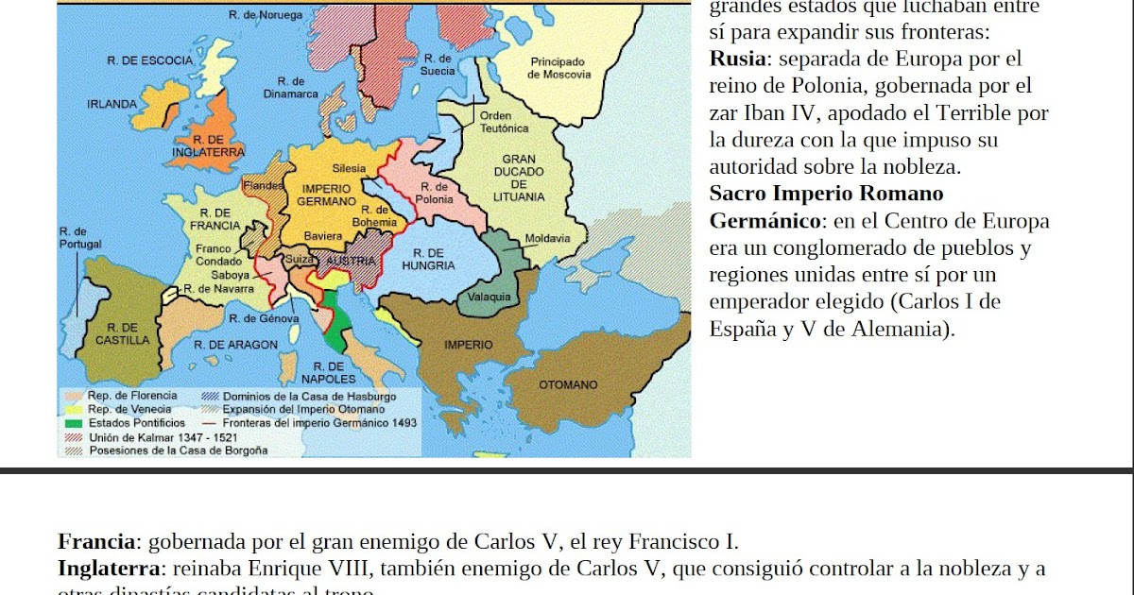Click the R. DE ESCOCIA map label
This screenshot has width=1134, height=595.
tap(149, 60)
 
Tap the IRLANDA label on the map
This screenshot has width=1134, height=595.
tap(112, 104)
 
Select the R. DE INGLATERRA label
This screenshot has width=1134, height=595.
tap(208, 145)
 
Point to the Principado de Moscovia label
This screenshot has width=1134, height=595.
tap(558, 68)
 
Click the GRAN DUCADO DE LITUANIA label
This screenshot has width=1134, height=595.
tap(519, 178)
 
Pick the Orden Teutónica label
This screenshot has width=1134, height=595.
tap(504, 122)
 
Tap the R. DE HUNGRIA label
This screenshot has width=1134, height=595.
tap(428, 259)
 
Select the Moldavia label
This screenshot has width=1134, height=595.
tap(547, 238)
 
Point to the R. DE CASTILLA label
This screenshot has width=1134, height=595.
tap(123, 333)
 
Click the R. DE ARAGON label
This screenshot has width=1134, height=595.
tap(235, 345)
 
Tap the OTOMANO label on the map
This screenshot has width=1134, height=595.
tap(568, 385)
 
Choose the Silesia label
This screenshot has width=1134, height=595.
tap(349, 168)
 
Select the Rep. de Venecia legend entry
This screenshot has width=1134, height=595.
tap(129, 409)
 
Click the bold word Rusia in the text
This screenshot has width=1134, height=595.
tap(738, 59)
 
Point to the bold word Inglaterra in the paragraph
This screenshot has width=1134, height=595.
tap(110, 569)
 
